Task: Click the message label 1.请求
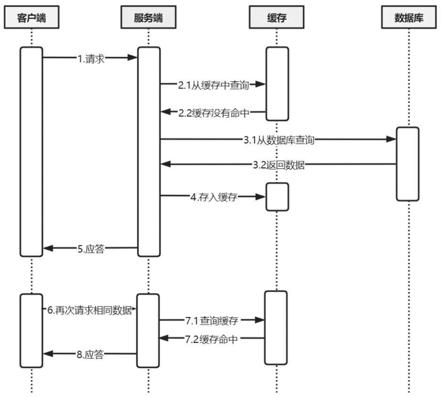click(x=91, y=58)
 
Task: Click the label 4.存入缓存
click(x=213, y=197)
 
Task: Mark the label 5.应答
click(x=91, y=248)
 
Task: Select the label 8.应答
click(x=91, y=354)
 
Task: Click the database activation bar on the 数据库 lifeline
click(x=407, y=164)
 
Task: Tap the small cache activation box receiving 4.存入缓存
click(x=277, y=197)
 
